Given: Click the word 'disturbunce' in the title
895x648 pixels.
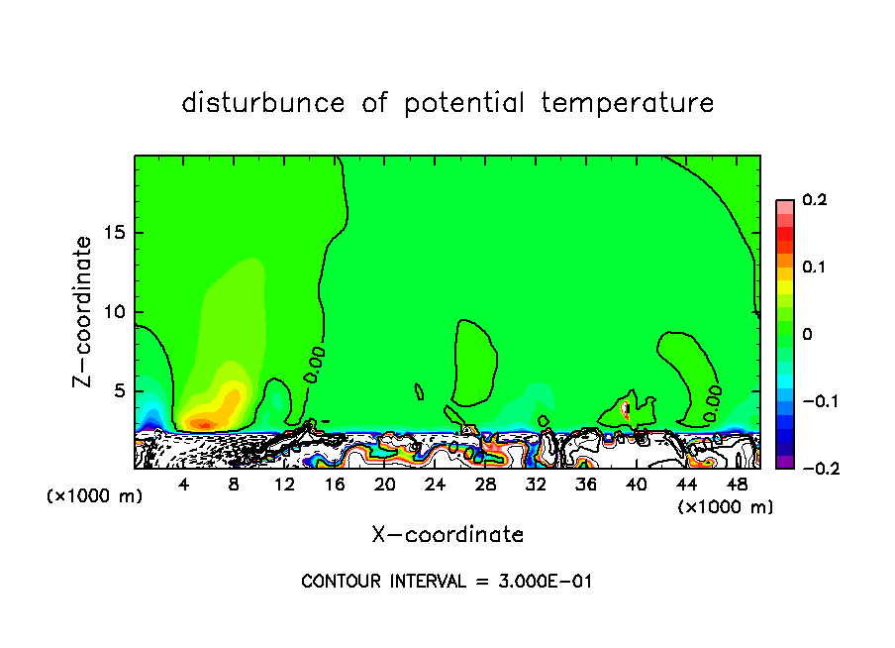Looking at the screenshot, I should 263,103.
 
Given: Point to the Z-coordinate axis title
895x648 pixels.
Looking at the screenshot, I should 84,311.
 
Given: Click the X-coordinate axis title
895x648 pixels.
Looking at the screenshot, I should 447,535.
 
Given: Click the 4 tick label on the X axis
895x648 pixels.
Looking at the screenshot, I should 184,485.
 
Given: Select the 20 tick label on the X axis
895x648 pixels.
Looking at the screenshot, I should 385,485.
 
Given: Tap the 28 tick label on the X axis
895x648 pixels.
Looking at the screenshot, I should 485,485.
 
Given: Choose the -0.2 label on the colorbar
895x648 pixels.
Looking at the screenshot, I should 816,468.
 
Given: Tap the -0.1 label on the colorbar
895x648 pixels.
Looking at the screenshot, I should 816,401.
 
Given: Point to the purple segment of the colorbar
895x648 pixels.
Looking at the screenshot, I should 784,462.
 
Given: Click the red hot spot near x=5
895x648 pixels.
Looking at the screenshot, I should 203,424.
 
